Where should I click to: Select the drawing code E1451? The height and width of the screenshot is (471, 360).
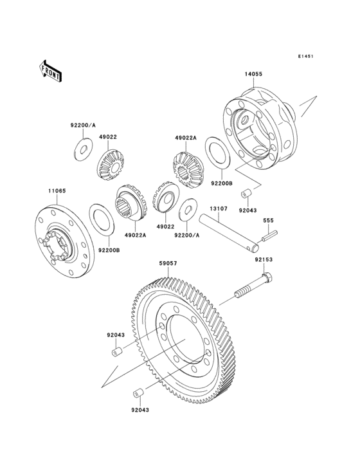[305, 57]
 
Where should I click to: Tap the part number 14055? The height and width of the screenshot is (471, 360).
[253, 74]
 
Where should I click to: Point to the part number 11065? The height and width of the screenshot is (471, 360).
[55, 191]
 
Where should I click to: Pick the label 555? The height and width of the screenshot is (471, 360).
[269, 221]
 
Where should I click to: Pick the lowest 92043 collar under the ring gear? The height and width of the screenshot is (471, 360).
[138, 393]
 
